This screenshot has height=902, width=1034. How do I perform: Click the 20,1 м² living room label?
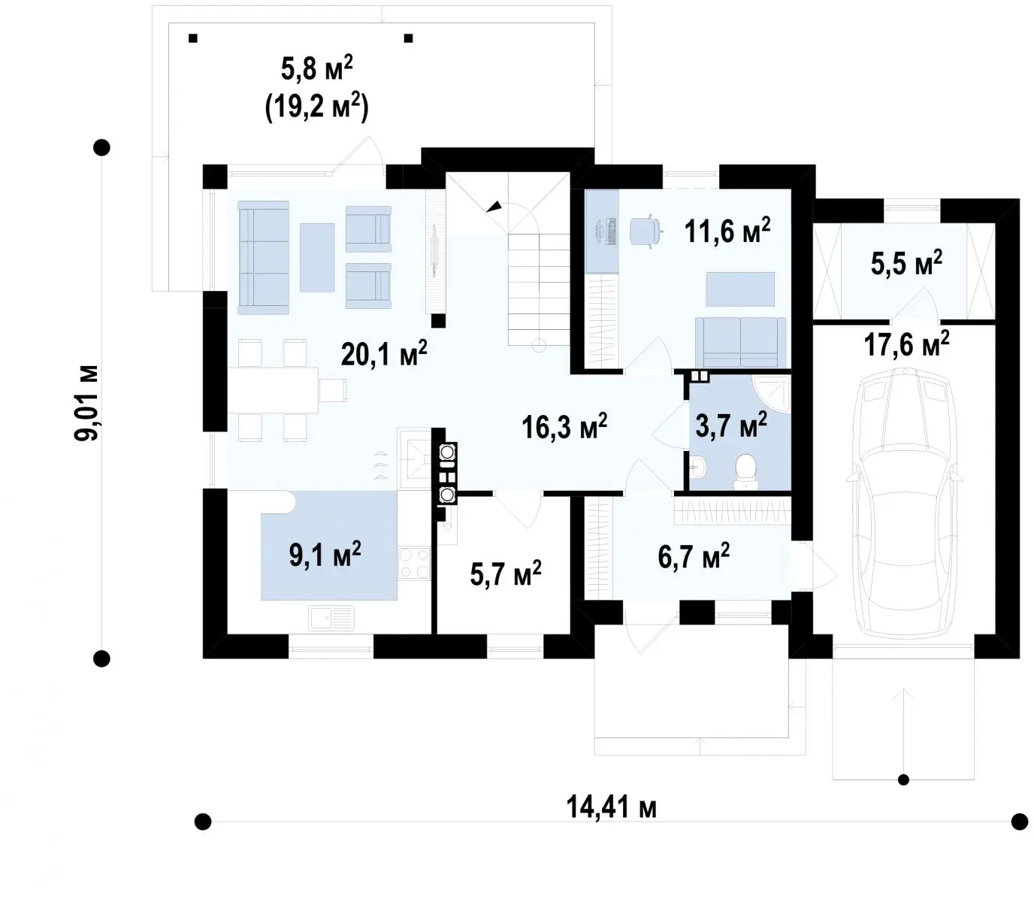pyautogui.click(x=384, y=353)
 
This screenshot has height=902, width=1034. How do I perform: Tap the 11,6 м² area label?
pyautogui.click(x=727, y=231)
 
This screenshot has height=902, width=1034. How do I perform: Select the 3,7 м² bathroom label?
pyautogui.click(x=730, y=424)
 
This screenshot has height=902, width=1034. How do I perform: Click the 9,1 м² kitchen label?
pyautogui.click(x=325, y=554)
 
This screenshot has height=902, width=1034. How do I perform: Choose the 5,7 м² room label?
pyautogui.click(x=506, y=573)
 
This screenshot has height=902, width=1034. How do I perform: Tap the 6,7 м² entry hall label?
pyautogui.click(x=694, y=555)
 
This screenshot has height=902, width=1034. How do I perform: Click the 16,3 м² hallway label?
pyautogui.click(x=564, y=427)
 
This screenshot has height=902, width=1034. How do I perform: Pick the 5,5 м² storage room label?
pyautogui.click(x=907, y=263)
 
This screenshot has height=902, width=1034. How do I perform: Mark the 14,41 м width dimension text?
pyautogui.click(x=612, y=807)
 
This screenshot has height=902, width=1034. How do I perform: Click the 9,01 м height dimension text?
pyautogui.click(x=86, y=403)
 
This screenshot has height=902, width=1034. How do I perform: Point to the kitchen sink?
pyautogui.click(x=331, y=618)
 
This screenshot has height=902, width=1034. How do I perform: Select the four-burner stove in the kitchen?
pyautogui.click(x=414, y=563)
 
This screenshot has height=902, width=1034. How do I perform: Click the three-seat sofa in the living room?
pyautogui.click(x=263, y=258)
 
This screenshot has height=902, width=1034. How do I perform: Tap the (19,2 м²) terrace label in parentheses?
pyautogui.click(x=317, y=108)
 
